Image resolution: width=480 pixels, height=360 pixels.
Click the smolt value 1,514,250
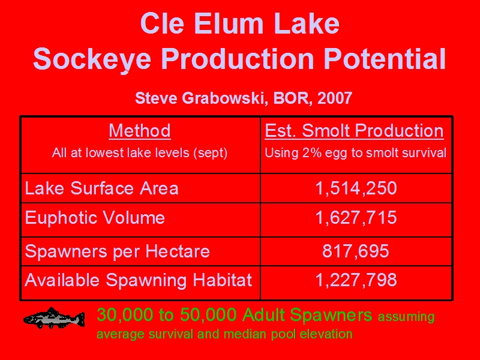tap(356, 188)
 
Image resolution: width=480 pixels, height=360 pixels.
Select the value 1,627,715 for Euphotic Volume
tap(356, 218)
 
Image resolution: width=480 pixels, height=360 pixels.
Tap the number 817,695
tap(356, 251)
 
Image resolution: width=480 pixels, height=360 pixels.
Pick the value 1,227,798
tap(356, 280)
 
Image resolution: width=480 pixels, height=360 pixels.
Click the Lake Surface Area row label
tap(101, 188)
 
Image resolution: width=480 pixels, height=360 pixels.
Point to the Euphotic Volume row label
tap(95, 218)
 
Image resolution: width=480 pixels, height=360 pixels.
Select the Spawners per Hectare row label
tap(117, 251)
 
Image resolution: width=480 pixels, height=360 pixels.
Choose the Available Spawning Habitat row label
tap(139, 280)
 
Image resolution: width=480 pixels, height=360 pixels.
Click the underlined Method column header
tap(140, 131)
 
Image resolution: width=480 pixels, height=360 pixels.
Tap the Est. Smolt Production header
tap(354, 131)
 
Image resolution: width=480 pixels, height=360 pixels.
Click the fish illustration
tap(54, 318)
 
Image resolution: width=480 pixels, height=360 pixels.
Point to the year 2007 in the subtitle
tap(335, 98)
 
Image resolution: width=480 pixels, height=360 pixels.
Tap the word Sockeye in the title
tap(92, 59)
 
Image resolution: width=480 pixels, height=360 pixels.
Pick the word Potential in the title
tap(385, 58)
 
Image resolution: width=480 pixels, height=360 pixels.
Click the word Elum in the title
tap(229, 23)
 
